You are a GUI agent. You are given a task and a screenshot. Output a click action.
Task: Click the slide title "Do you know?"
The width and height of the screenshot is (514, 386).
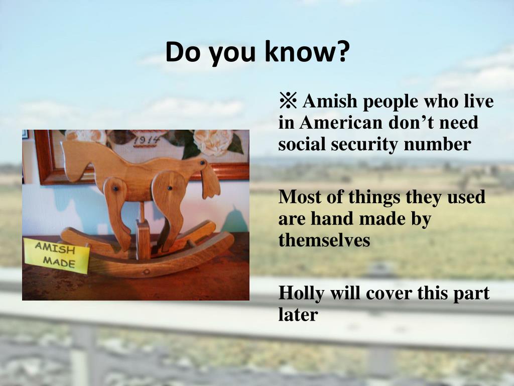(x=256, y=52)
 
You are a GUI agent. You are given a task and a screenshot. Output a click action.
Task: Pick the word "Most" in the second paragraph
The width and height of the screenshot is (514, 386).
(x=297, y=197)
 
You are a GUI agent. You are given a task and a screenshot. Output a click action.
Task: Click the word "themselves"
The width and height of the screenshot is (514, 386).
(x=324, y=240)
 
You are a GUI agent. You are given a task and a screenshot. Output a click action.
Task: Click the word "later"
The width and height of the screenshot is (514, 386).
(x=298, y=315)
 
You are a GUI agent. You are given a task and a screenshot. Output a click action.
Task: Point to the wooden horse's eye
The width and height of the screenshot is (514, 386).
(x=202, y=163)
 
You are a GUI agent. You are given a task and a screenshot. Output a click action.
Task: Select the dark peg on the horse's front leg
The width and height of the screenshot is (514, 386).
(x=169, y=188)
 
